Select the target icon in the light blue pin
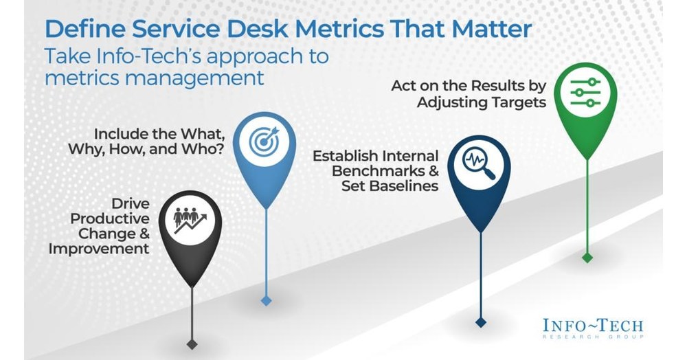point(264,142)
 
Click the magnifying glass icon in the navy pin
point(479,164)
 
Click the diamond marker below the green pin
point(586,258)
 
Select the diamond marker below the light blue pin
point(266,300)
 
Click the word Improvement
point(99,248)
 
